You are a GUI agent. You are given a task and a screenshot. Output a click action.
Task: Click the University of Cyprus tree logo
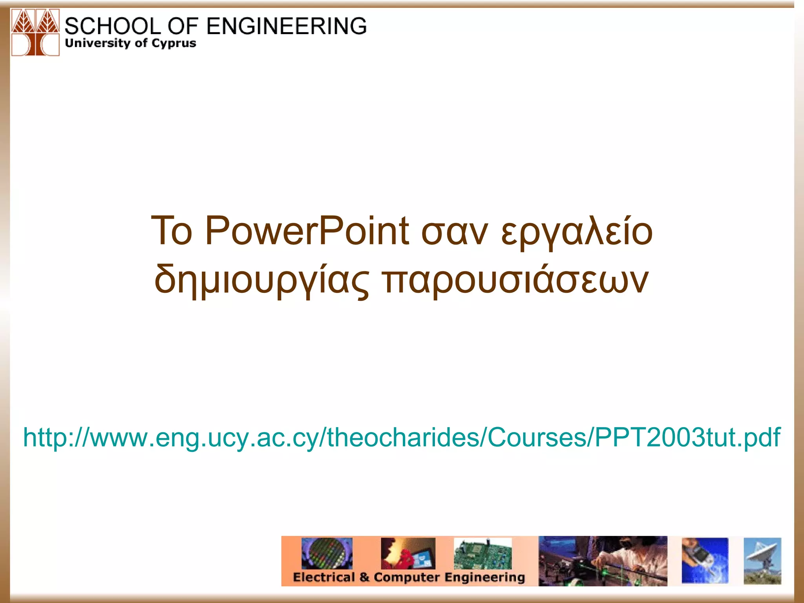click(x=35, y=33)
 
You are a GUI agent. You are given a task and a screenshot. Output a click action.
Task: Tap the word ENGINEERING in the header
click(x=286, y=26)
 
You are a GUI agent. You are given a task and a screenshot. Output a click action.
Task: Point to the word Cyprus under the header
click(x=173, y=43)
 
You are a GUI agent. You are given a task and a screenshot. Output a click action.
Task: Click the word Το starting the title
click(x=172, y=231)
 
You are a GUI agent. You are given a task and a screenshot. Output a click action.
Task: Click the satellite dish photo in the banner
click(x=762, y=561)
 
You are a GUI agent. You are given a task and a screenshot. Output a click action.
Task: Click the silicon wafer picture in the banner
click(x=327, y=553)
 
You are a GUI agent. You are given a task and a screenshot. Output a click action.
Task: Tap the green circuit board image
click(x=482, y=554)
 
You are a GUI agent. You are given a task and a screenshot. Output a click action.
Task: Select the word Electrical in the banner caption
click(x=323, y=577)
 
